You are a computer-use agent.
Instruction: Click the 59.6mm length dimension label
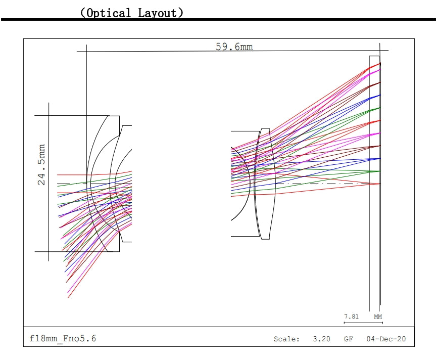234,47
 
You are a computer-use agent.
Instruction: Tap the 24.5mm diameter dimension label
41,165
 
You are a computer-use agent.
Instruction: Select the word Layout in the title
158,13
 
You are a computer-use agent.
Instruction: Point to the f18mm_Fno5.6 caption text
63,339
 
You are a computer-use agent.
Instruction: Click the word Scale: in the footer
286,339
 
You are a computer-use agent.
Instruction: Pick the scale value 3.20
321,339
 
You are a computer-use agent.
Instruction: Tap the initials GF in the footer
349,339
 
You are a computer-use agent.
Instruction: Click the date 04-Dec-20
386,339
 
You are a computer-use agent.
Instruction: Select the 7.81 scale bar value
351,317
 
